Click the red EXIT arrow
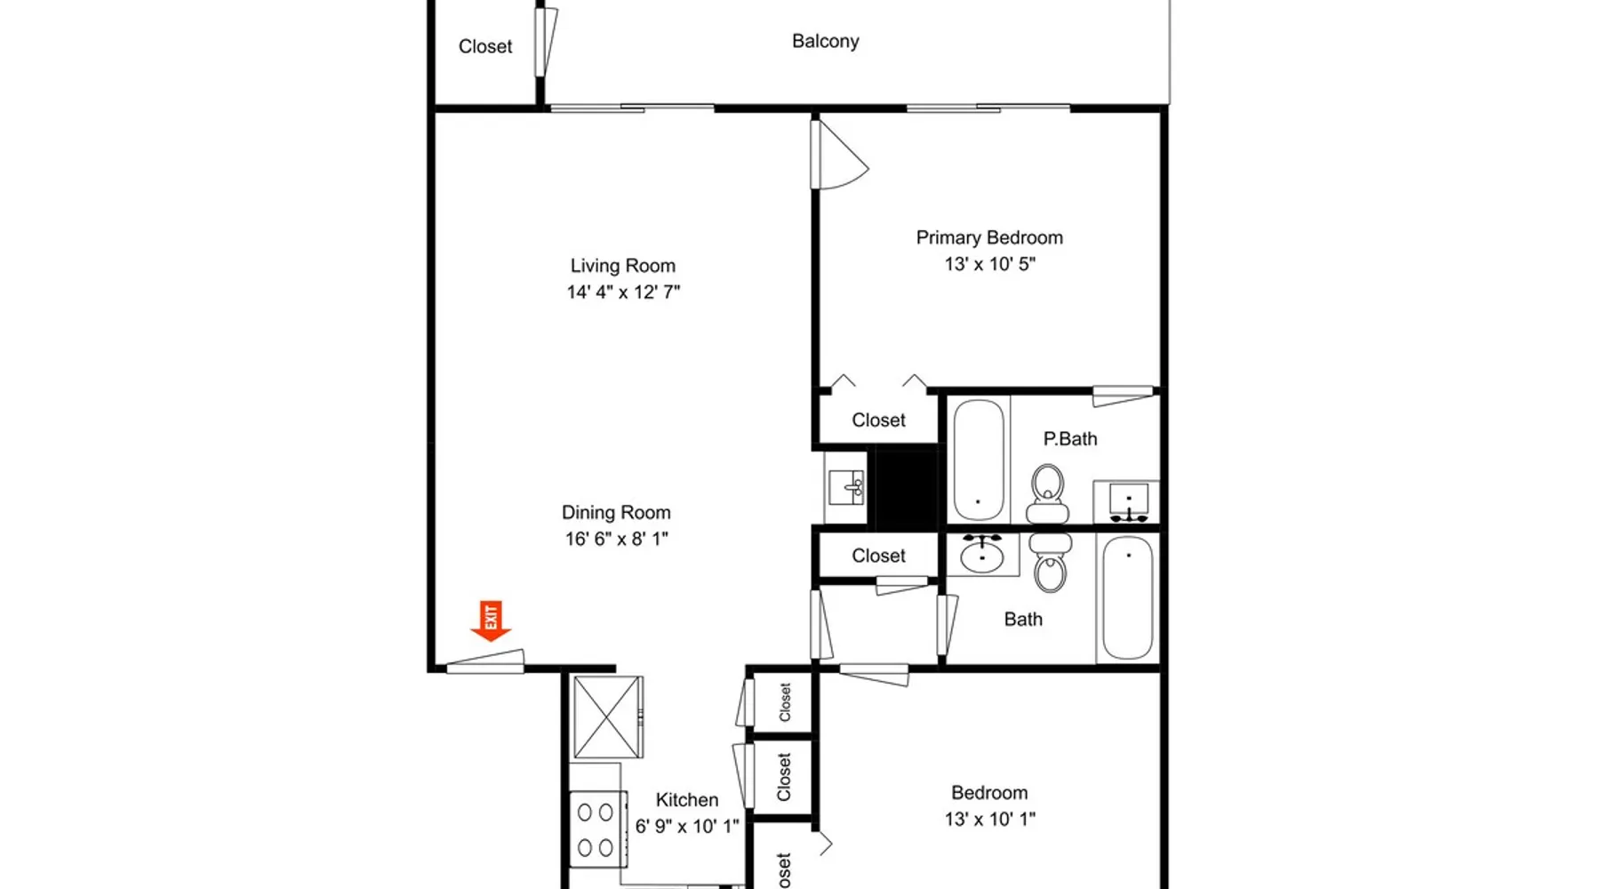pyautogui.click(x=491, y=621)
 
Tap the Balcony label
pyautogui.click(x=826, y=42)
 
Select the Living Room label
pyautogui.click(x=623, y=266)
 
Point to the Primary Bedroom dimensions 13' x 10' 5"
pyautogui.click(x=990, y=264)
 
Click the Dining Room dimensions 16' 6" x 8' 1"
pyautogui.click(x=617, y=539)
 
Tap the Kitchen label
pyautogui.click(x=687, y=800)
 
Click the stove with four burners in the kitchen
pyautogui.click(x=597, y=829)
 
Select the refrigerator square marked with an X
pyautogui.click(x=607, y=717)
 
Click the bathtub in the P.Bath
pyautogui.click(x=979, y=461)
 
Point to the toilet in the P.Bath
pyautogui.click(x=1048, y=494)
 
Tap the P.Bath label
pyautogui.click(x=1070, y=439)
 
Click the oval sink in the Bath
pyautogui.click(x=981, y=557)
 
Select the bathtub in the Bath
pyautogui.click(x=1128, y=597)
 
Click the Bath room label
pyautogui.click(x=1023, y=620)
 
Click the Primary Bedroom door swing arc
pyautogui.click(x=849, y=160)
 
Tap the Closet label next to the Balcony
pyautogui.click(x=485, y=47)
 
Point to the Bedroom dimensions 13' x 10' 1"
pyautogui.click(x=990, y=820)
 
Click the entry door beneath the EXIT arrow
pyautogui.click(x=485, y=662)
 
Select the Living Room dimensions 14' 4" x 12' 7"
pyautogui.click(x=624, y=292)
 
